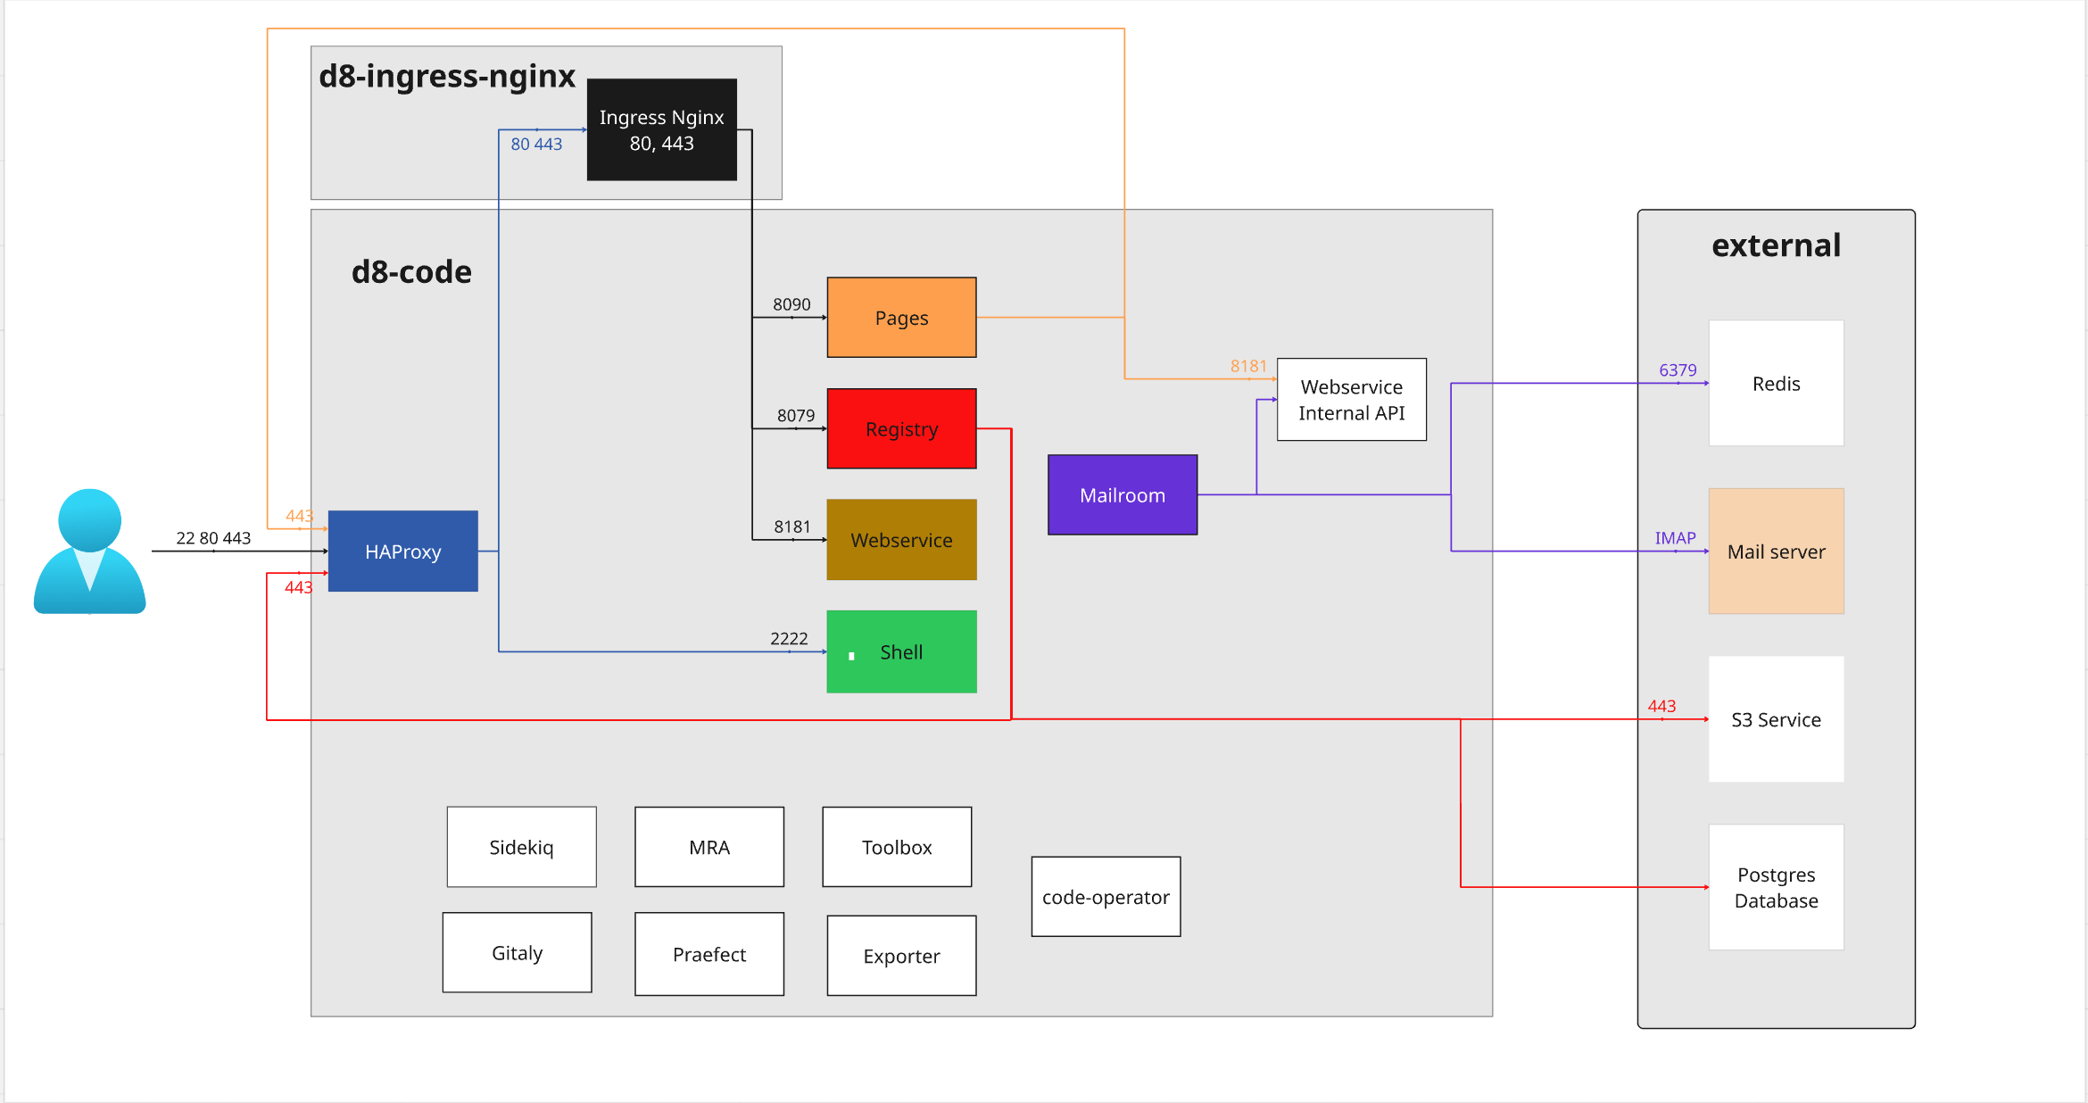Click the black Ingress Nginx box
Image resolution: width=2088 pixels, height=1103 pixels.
(661, 129)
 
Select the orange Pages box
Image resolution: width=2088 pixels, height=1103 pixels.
(901, 318)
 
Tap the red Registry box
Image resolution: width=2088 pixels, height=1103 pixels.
(901, 428)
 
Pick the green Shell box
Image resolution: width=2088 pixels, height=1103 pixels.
(901, 651)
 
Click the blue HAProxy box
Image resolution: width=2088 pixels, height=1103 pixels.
(402, 551)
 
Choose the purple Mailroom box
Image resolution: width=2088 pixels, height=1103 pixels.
(1122, 494)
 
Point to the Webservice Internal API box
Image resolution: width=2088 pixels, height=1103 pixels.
(1351, 399)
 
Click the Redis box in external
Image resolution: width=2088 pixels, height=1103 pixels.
(1776, 383)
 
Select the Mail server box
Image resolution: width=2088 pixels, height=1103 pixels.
(1776, 551)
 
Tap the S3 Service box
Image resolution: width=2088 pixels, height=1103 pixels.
(1776, 719)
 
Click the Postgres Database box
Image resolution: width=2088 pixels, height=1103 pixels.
(1776, 887)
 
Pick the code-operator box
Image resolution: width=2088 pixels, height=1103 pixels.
(1106, 897)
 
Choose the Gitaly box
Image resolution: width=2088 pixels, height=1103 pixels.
(517, 952)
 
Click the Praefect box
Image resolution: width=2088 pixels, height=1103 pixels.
(708, 954)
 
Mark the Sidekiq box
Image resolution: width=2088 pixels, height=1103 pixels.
(521, 847)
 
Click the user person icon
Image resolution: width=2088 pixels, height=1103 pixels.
(89, 551)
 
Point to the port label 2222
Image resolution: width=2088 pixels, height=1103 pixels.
(789, 638)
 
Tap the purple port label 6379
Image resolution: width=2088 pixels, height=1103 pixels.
(1678, 369)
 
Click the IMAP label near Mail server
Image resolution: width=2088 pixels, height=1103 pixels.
(1675, 537)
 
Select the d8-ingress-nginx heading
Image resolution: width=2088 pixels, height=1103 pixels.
(447, 76)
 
